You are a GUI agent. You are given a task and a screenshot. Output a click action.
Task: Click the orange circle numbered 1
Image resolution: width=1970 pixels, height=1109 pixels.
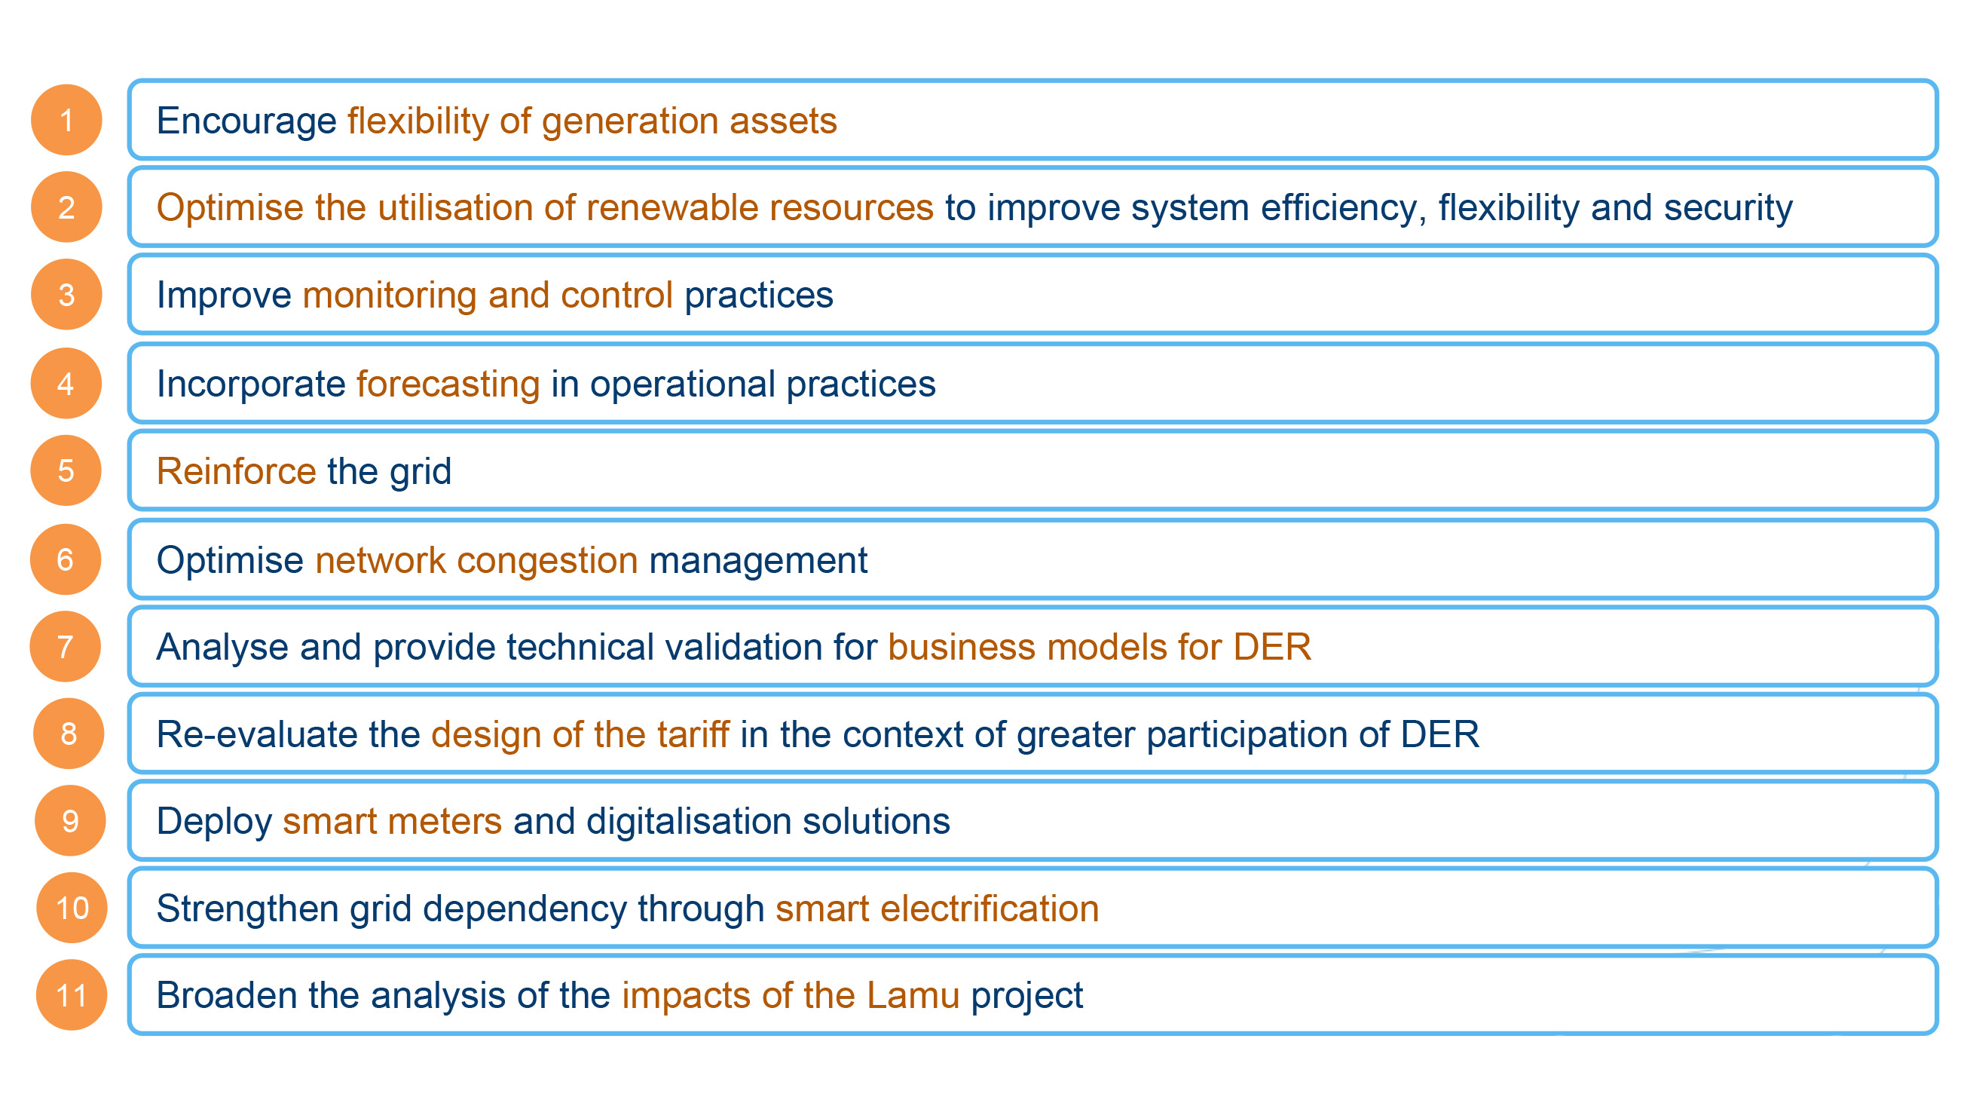pos(66,120)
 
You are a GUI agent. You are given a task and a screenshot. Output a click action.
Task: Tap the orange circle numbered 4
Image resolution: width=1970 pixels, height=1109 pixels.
pos(66,383)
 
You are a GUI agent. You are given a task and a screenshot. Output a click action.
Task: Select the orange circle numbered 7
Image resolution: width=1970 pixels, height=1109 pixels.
pos(65,646)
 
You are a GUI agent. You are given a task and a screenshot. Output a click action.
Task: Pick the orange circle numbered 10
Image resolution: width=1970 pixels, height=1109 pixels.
pos(72,908)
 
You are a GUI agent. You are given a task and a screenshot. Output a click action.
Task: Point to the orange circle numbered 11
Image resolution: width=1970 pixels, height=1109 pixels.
pos(72,995)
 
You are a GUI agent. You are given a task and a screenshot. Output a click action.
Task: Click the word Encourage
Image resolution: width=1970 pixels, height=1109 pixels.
pos(246,121)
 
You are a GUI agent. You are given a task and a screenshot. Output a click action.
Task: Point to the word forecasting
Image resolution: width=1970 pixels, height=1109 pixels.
pos(448,384)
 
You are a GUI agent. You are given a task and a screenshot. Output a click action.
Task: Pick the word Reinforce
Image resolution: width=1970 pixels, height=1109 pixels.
pos(236,471)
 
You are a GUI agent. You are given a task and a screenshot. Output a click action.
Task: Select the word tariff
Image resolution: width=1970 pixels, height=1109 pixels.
pos(693,734)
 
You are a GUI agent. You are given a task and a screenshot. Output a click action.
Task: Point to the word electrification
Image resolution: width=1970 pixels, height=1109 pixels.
pos(990,908)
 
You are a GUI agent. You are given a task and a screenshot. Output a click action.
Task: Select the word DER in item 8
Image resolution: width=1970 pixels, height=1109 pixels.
pos(1439,734)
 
